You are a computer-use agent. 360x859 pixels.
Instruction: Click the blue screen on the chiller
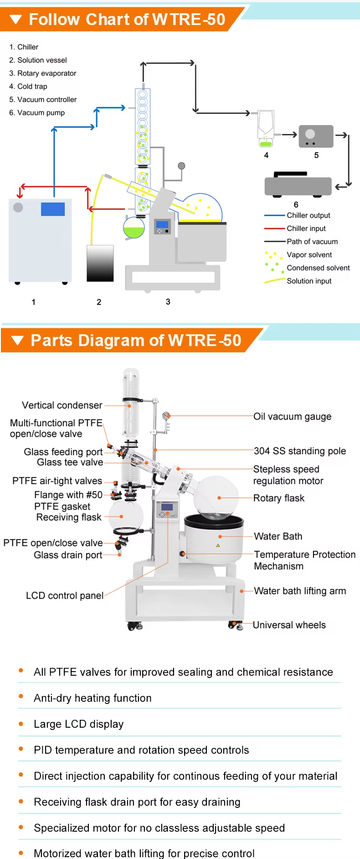tap(53, 209)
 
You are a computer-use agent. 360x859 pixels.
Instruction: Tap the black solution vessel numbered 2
tap(100, 263)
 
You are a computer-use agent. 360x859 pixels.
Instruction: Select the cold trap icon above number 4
tap(266, 128)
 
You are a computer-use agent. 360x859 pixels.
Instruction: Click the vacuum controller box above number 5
tap(316, 136)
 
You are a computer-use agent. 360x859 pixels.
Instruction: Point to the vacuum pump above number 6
tap(298, 185)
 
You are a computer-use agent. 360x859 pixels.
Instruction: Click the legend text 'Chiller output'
tap(308, 215)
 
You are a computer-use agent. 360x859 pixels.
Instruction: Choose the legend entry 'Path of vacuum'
tap(312, 242)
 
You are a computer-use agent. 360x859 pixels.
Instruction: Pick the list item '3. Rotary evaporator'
tap(43, 73)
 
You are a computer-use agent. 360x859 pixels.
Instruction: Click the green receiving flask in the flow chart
tap(134, 228)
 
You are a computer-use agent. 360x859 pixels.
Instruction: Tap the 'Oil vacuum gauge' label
tap(292, 416)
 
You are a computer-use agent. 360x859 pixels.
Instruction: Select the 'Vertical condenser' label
tap(62, 405)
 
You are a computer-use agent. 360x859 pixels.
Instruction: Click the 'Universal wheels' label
tap(289, 625)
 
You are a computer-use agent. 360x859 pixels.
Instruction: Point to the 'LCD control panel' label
tap(65, 595)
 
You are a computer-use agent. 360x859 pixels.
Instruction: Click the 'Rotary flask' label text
tap(279, 498)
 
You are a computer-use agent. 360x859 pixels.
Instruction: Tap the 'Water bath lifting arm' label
tap(300, 591)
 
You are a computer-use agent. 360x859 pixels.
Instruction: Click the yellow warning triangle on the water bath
tap(218, 545)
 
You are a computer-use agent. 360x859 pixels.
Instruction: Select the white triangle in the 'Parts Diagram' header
tap(17, 341)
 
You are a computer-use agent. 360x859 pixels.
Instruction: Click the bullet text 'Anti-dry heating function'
tap(93, 698)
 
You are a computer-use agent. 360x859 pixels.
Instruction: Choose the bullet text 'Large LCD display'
tap(78, 724)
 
